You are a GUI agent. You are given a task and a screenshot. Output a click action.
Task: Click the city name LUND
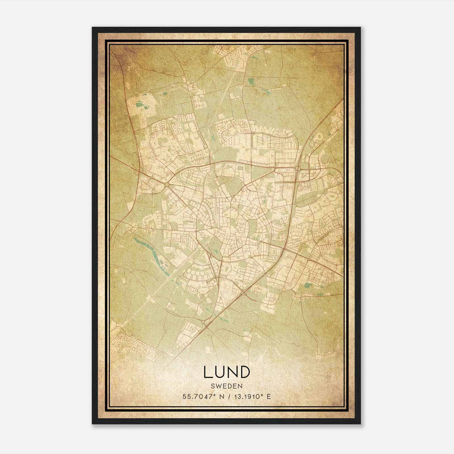coord(226,372)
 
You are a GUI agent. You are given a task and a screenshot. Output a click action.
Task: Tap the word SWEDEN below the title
coord(226,386)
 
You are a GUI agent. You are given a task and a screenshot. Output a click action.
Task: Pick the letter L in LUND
coord(208,372)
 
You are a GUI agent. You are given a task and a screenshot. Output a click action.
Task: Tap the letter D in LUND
coord(245,372)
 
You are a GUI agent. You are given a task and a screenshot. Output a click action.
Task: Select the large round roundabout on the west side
coord(166,185)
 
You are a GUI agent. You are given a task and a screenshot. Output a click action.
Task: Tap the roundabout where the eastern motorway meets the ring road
coord(298,169)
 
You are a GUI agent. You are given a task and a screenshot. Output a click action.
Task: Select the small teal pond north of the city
coord(251,82)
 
